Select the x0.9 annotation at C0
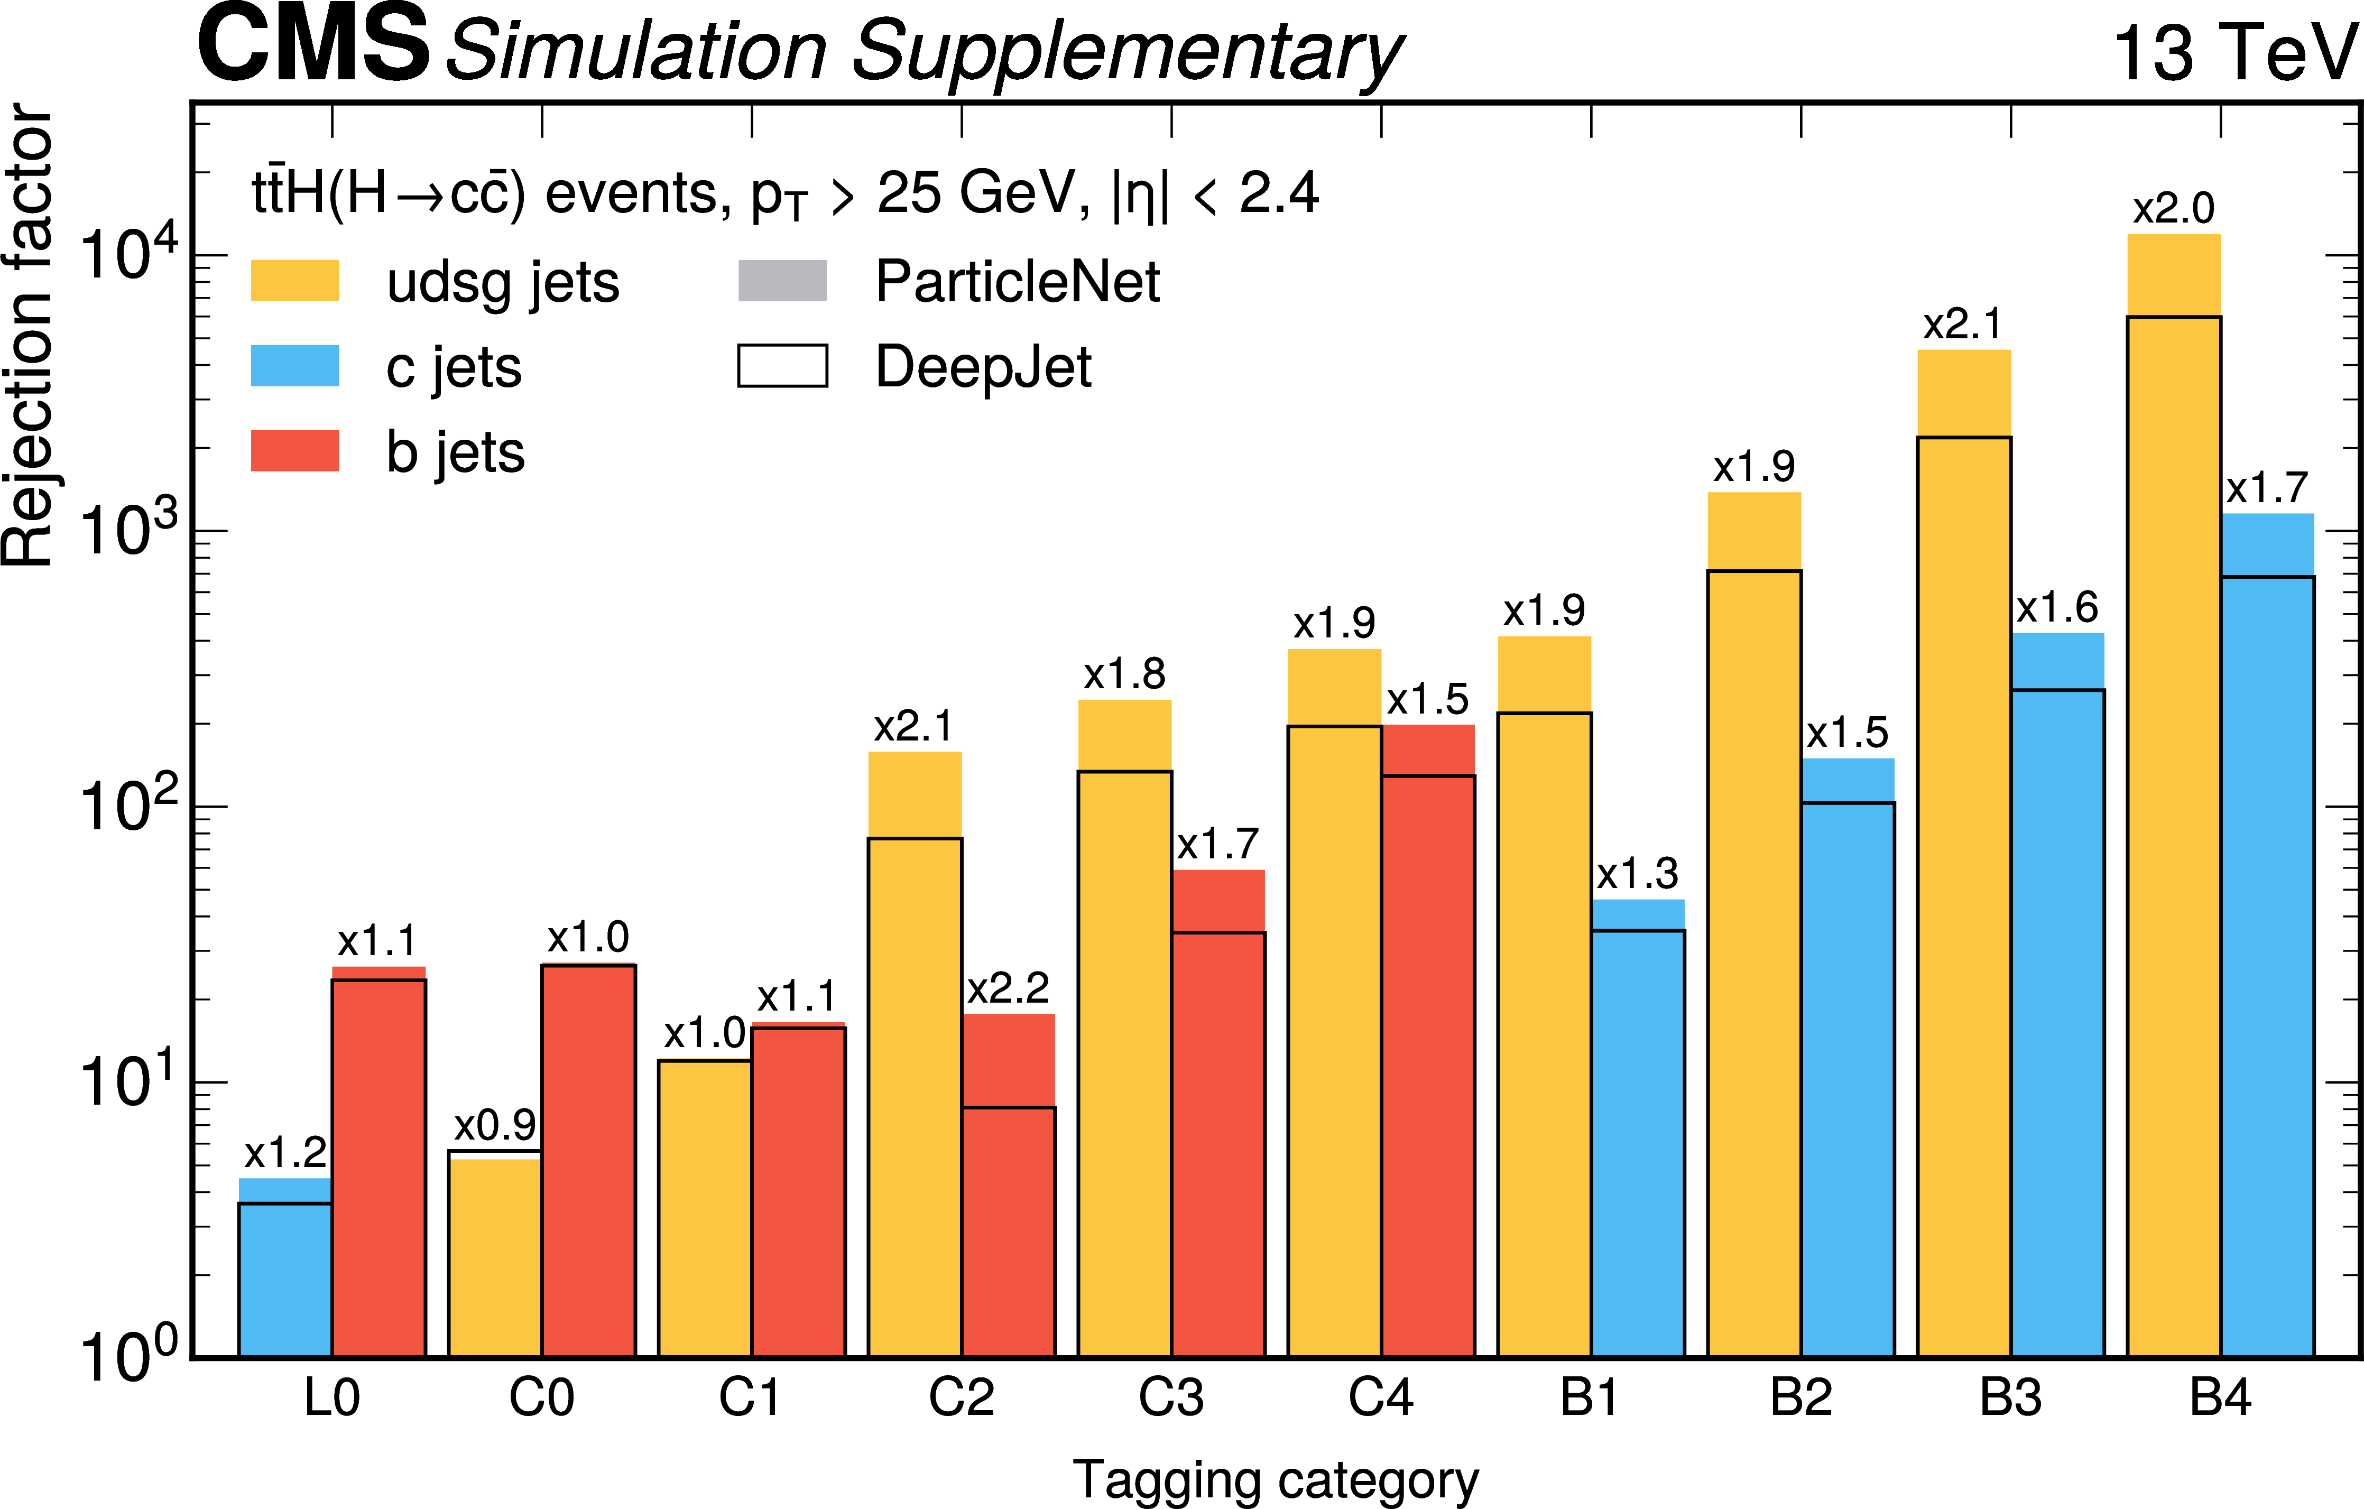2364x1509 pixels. point(495,1125)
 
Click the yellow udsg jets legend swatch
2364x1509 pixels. point(294,281)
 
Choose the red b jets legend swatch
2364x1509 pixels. point(294,451)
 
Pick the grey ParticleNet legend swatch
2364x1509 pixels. point(782,281)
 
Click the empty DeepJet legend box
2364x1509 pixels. point(782,366)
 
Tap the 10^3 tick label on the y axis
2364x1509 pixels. point(127,530)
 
